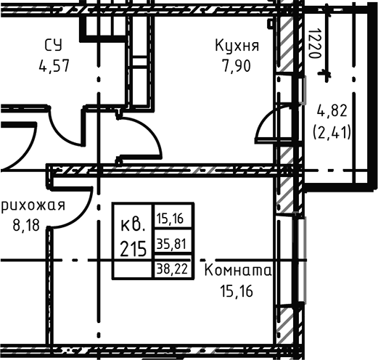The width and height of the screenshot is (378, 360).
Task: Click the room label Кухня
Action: point(237,46)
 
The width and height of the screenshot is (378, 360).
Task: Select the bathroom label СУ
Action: point(54,46)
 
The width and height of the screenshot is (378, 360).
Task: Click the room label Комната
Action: point(239,271)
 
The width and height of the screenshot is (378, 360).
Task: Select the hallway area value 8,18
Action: point(28,225)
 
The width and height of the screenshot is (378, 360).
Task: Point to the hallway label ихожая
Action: point(33,205)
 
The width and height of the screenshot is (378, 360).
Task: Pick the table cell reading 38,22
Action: point(173,267)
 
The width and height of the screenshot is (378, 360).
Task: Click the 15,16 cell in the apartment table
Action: point(173,216)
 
